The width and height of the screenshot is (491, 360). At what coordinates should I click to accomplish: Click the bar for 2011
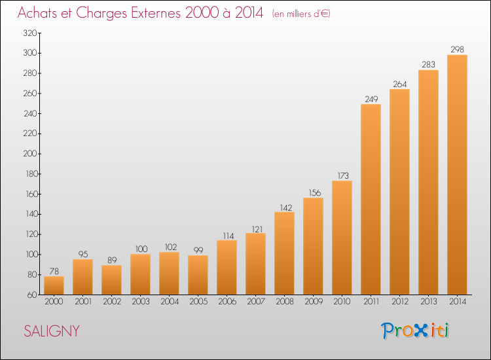click(371, 199)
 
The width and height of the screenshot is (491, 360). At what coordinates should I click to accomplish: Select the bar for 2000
click(54, 285)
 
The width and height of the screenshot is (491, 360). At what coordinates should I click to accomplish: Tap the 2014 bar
click(457, 175)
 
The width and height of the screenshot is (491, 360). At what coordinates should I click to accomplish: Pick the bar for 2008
click(284, 253)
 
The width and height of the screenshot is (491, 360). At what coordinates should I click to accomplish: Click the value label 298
click(457, 50)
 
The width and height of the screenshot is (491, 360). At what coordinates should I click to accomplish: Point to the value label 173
click(343, 175)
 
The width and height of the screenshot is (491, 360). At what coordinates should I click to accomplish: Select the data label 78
click(54, 271)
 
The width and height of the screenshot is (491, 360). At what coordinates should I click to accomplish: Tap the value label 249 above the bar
click(371, 99)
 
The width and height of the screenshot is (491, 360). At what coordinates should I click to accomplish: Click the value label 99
click(198, 250)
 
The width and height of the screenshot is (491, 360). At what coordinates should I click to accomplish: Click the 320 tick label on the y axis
click(30, 33)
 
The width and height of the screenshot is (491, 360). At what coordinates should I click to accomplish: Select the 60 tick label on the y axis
click(32, 295)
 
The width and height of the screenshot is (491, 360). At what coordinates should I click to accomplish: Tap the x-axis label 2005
click(198, 302)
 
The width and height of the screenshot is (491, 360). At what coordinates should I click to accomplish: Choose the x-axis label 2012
click(400, 302)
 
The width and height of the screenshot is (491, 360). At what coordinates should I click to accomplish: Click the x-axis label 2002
click(112, 302)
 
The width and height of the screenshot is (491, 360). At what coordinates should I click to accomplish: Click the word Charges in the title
click(101, 13)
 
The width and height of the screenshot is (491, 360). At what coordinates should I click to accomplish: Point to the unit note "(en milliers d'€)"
click(301, 14)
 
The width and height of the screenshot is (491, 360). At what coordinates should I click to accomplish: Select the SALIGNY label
click(52, 331)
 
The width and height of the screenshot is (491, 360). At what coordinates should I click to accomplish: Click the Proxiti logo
click(415, 331)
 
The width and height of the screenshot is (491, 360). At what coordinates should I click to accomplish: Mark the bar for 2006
click(227, 267)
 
